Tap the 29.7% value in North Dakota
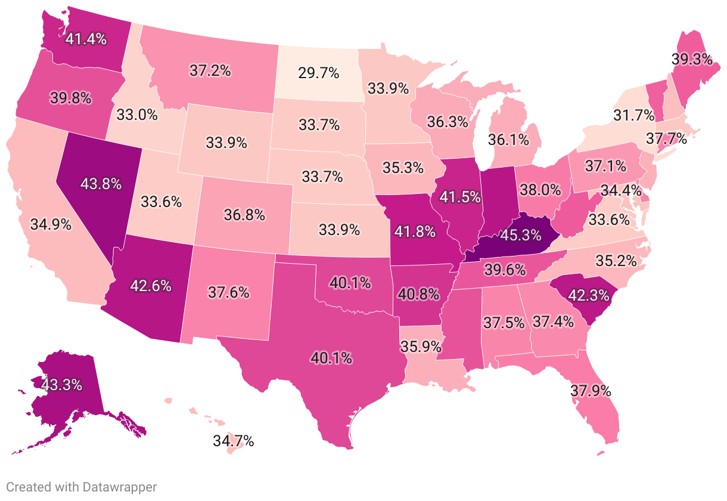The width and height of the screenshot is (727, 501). [318, 73]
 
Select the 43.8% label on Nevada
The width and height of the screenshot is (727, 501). [101, 184]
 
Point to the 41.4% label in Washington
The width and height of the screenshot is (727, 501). [86, 40]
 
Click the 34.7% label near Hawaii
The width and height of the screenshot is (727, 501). [234, 441]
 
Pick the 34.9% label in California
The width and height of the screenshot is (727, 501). [51, 225]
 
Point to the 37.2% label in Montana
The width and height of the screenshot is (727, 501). [210, 70]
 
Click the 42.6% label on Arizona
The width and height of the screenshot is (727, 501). [150, 285]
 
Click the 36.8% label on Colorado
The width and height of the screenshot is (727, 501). [244, 214]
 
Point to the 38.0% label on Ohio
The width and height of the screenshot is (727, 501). [540, 190]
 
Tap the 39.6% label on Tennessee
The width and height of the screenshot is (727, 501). [505, 271]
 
